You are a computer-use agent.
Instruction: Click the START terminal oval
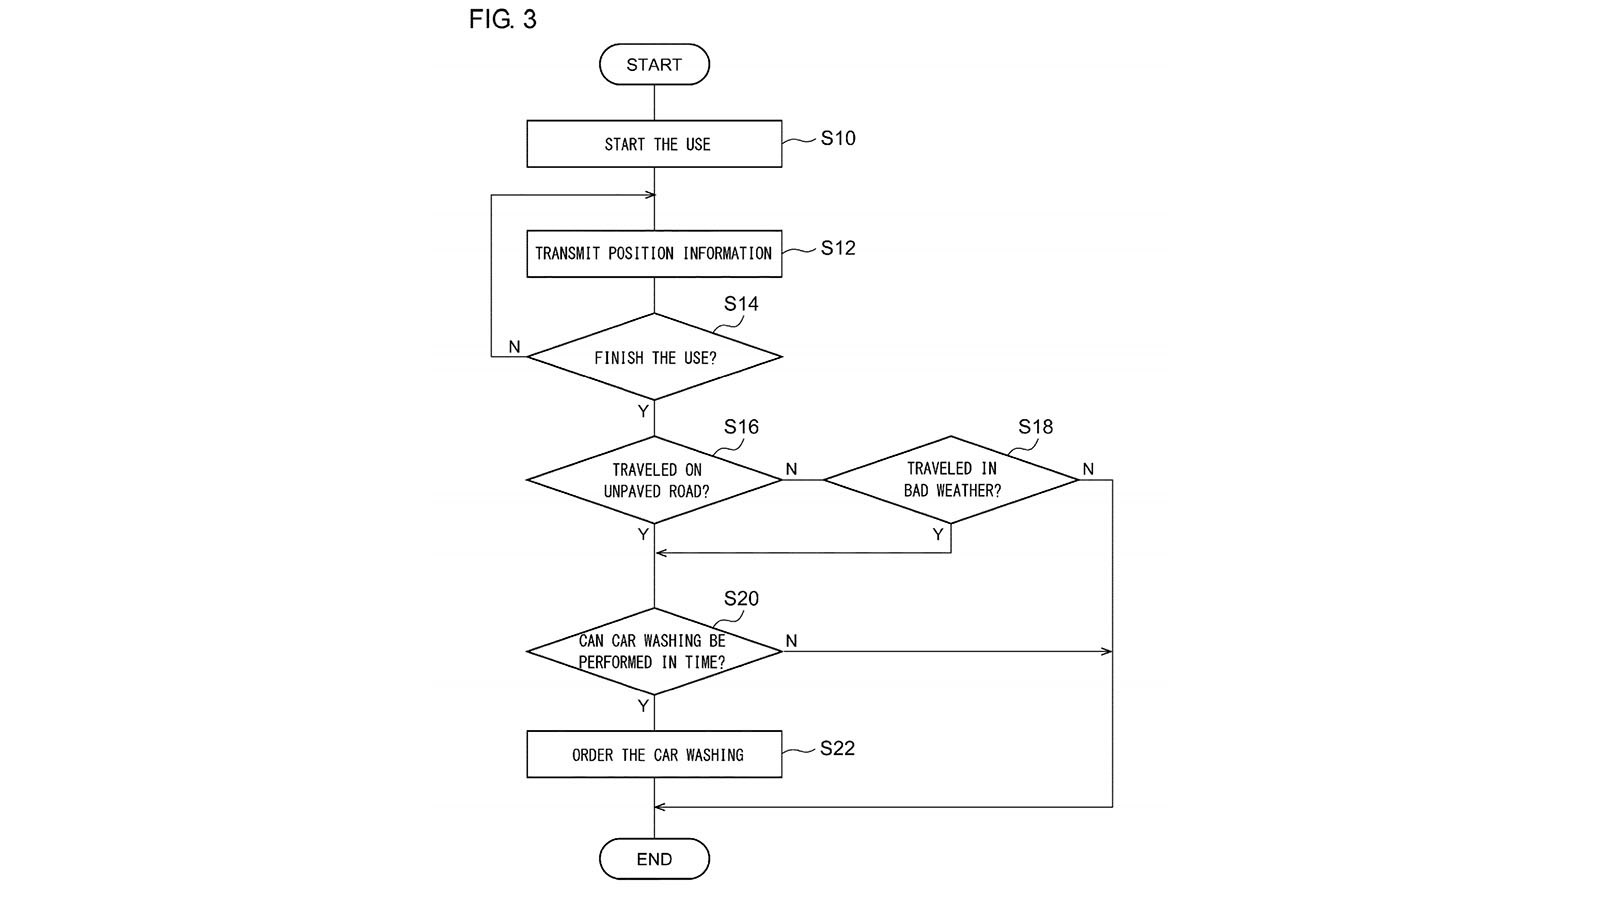click(x=654, y=64)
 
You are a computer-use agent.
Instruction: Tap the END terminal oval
click(x=654, y=859)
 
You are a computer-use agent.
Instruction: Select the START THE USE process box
click(x=654, y=144)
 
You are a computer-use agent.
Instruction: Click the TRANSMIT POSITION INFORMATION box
click(x=654, y=254)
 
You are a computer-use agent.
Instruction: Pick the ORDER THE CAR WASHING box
click(x=654, y=754)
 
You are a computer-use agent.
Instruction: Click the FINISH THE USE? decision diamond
click(x=654, y=356)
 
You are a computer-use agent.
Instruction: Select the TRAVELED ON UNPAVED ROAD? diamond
click(x=654, y=480)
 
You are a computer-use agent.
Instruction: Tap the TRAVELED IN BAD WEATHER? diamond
click(x=951, y=480)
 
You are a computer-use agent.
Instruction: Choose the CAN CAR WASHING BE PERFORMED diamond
click(x=654, y=651)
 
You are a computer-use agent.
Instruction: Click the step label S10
click(x=838, y=138)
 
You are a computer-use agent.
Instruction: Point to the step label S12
click(x=838, y=248)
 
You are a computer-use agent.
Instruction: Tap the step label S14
click(x=741, y=304)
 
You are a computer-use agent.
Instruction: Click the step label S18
click(x=1036, y=426)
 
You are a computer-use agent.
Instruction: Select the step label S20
click(x=741, y=598)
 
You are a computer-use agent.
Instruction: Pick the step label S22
click(x=837, y=748)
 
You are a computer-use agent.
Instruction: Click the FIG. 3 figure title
click(x=502, y=19)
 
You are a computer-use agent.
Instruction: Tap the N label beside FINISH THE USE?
click(x=514, y=346)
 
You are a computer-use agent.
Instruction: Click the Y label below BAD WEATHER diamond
click(x=938, y=534)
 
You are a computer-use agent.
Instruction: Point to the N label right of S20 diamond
click(x=791, y=641)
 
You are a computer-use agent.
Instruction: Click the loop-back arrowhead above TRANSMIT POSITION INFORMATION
click(x=650, y=195)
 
